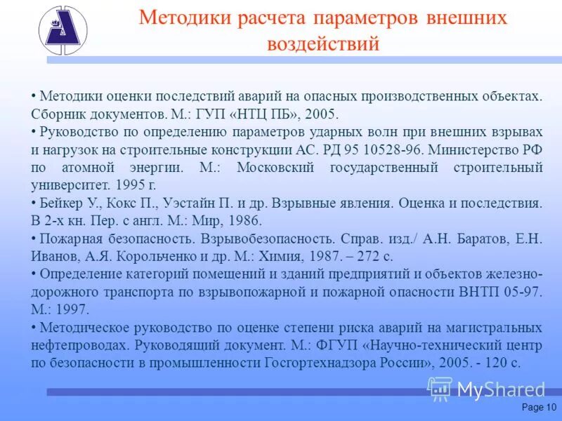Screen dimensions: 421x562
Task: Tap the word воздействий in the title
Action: [x=324, y=44]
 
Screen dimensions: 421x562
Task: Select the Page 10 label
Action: [x=539, y=408]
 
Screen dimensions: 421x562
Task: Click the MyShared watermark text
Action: [x=501, y=389]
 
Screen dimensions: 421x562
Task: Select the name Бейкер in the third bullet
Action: [x=62, y=203]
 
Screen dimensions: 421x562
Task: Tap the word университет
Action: [x=69, y=186]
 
